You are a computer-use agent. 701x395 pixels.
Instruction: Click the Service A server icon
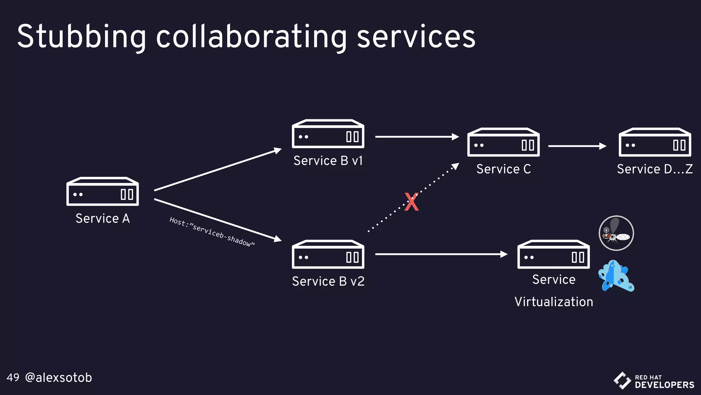(x=102, y=192)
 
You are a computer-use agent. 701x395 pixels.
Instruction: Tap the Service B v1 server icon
(x=328, y=134)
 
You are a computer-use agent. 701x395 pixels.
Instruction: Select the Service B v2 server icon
(x=328, y=254)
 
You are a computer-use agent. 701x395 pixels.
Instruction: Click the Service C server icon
(x=503, y=143)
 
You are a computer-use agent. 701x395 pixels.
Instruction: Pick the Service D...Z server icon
(x=654, y=143)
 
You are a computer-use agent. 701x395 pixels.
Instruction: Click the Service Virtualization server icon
(x=553, y=254)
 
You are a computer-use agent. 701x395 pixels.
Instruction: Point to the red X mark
(x=411, y=202)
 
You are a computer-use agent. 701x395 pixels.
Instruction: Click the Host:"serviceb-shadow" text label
(x=212, y=232)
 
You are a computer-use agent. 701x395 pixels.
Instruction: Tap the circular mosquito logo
(x=616, y=233)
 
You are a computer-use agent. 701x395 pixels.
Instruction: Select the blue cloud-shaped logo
(x=616, y=276)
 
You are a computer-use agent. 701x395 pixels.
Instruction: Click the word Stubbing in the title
(x=81, y=37)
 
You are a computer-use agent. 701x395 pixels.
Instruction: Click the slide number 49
(x=13, y=378)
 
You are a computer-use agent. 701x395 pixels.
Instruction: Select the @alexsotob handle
(x=59, y=378)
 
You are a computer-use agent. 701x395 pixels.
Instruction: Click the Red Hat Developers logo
(x=654, y=381)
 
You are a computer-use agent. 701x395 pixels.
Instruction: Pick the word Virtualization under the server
(x=553, y=302)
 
